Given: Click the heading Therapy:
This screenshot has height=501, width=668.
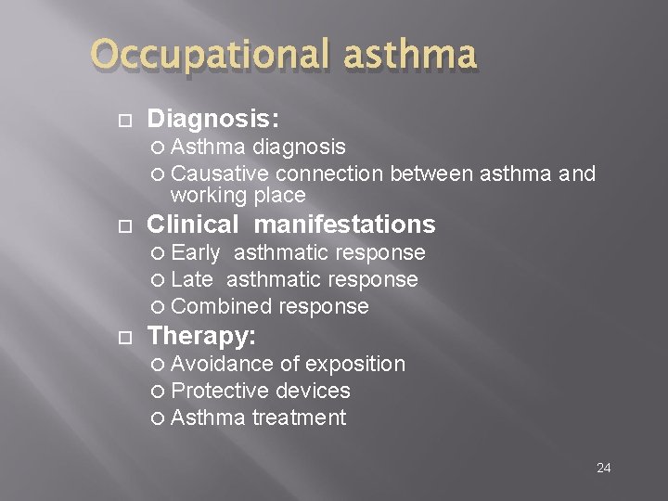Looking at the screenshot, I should [201, 335].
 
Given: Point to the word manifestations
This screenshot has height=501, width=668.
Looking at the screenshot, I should [344, 225].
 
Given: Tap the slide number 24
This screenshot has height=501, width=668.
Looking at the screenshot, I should [603, 468].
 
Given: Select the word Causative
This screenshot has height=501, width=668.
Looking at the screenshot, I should [221, 173].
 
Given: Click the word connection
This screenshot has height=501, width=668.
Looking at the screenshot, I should [330, 173].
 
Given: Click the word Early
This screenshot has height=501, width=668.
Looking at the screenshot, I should [196, 252].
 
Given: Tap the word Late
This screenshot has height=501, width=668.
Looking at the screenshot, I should [192, 279].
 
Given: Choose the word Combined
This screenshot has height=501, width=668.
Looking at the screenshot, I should [216, 306].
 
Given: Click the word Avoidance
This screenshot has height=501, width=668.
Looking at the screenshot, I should [223, 364].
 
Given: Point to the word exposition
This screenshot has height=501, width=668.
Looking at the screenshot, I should [354, 364].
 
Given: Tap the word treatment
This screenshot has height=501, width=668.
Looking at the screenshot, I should [299, 417].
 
